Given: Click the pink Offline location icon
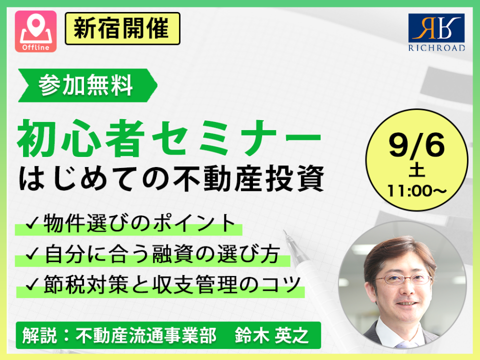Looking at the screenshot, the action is (x=36, y=31).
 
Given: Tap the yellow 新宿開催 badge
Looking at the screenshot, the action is (x=122, y=28).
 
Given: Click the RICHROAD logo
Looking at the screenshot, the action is (x=436, y=32).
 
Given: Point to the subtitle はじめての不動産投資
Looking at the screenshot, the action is (x=171, y=178).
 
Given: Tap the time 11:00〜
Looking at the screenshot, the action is (x=416, y=191).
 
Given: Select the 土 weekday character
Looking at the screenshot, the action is (x=416, y=171).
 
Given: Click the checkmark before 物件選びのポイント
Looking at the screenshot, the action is (x=32, y=223).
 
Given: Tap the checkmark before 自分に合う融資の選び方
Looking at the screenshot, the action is (x=32, y=254).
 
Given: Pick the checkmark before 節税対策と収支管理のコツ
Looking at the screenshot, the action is (x=32, y=284).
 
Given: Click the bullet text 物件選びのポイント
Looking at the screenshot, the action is (x=139, y=223).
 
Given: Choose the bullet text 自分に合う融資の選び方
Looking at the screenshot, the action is (x=162, y=254).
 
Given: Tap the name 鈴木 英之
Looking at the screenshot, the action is (x=271, y=335).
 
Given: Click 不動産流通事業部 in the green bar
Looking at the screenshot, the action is (x=146, y=335).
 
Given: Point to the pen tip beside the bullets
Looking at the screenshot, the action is (x=284, y=231).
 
